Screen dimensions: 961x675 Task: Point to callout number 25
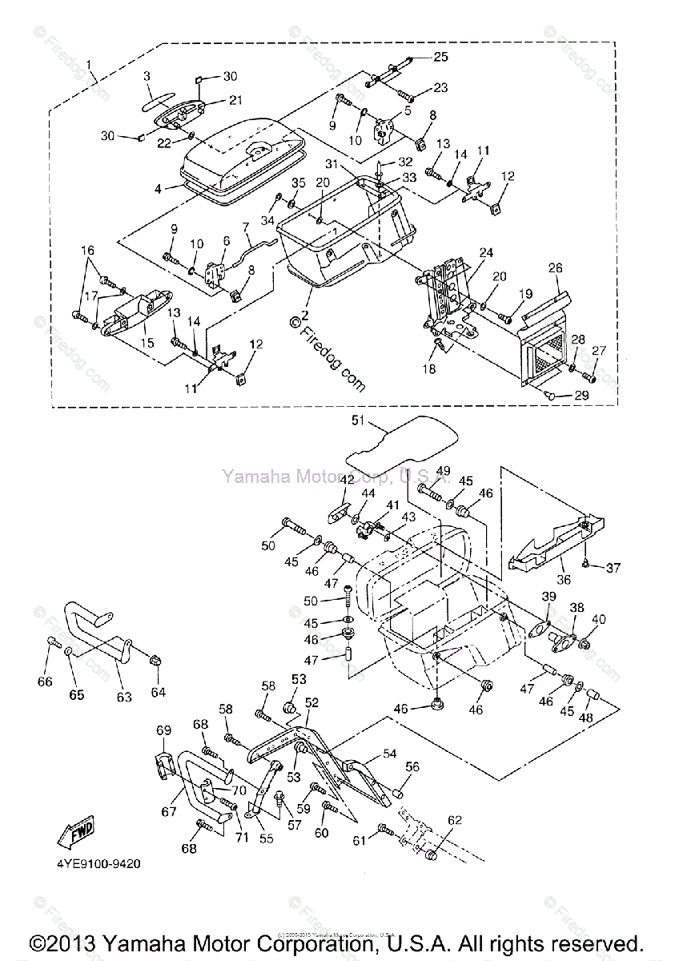pyautogui.click(x=441, y=57)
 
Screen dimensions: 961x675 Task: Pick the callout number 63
pyautogui.click(x=124, y=697)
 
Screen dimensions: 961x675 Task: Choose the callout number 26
pyautogui.click(x=556, y=268)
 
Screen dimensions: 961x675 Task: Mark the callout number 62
pyautogui.click(x=455, y=820)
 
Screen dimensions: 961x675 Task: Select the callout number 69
pyautogui.click(x=163, y=730)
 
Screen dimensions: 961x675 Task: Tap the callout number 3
pyautogui.click(x=147, y=76)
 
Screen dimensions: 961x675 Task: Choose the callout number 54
pyautogui.click(x=390, y=754)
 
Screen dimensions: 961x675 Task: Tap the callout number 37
pyautogui.click(x=613, y=569)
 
